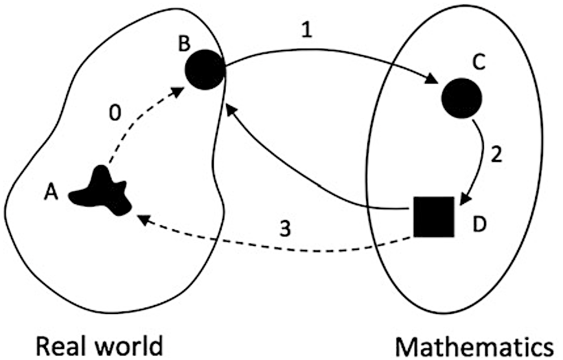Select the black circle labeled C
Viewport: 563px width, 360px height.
tap(461, 98)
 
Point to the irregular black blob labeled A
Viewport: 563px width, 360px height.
tap(103, 192)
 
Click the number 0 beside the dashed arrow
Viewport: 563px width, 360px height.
tap(115, 114)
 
